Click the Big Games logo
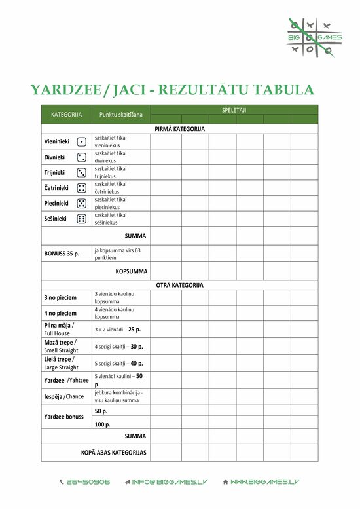pos(314,37)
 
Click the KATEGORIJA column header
pos(66,115)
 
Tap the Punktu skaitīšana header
pos(120,115)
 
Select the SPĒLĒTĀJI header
pos(234,110)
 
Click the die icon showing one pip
pos(82,141)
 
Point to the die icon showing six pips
pos(82,219)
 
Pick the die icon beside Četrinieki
pos(82,188)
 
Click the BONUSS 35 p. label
pos(62,254)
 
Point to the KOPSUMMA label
pos(131,271)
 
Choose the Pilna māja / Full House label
pos(59,329)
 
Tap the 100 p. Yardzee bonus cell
pos(102,424)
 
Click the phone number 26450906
pos(88,481)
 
